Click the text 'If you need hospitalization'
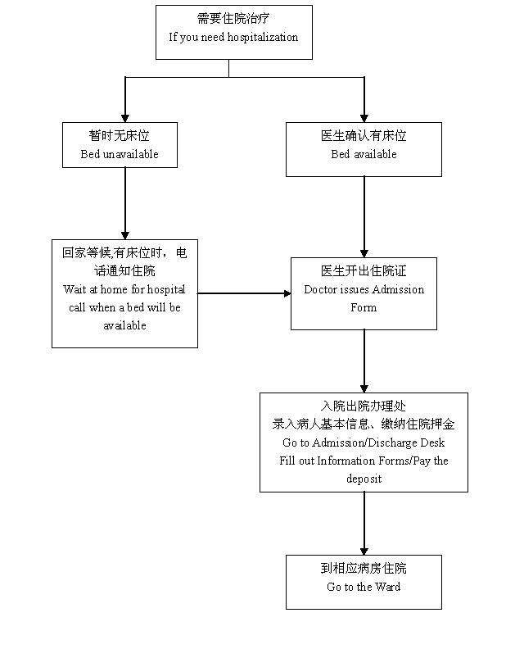click(233, 37)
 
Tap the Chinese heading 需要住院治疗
click(233, 19)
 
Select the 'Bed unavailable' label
click(120, 154)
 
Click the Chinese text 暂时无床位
click(120, 135)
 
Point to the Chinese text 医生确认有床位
click(364, 135)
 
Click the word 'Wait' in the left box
click(75, 289)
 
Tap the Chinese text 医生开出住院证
click(364, 271)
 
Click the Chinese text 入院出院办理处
click(364, 406)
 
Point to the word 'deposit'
click(364, 479)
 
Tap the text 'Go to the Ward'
click(364, 587)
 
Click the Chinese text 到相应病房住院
click(364, 568)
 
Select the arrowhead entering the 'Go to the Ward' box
click(364, 550)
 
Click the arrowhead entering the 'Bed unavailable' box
click(125, 117)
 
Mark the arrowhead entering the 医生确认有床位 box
click(364, 117)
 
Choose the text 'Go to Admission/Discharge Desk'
click(364, 442)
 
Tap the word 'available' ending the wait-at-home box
click(124, 325)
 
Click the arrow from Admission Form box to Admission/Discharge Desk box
click(364, 361)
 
